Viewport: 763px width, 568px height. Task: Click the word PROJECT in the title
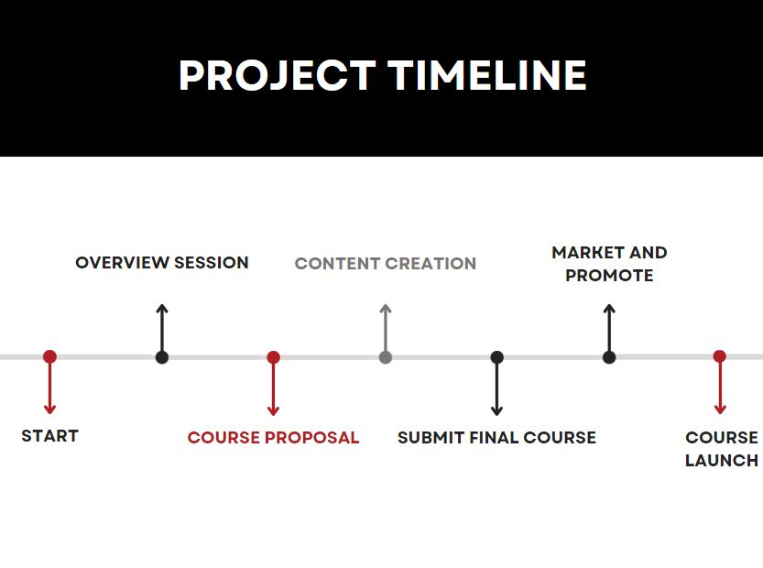[277, 75]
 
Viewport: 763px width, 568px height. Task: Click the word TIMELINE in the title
[487, 75]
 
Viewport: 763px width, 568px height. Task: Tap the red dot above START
[49, 356]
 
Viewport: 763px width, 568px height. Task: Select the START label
[49, 436]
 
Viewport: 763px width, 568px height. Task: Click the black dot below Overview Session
[162, 357]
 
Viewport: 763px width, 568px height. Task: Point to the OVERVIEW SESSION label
[162, 263]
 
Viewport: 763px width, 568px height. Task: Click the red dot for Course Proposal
[273, 357]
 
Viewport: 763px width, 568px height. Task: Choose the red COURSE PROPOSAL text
[273, 438]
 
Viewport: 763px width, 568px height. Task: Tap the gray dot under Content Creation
[386, 357]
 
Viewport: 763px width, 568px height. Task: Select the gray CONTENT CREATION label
[386, 264]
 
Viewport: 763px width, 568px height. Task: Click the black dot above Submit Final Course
[496, 357]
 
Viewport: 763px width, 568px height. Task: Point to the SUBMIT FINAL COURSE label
[496, 438]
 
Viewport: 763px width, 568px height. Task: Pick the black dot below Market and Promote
[609, 357]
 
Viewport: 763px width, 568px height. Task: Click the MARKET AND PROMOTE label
[609, 264]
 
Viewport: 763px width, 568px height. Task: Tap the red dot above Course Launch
[719, 356]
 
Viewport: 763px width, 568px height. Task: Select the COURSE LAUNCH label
[722, 449]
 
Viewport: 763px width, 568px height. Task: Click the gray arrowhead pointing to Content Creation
[386, 309]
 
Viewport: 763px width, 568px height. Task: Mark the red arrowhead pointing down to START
[49, 409]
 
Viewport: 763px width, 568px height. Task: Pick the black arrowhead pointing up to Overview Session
[162, 309]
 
